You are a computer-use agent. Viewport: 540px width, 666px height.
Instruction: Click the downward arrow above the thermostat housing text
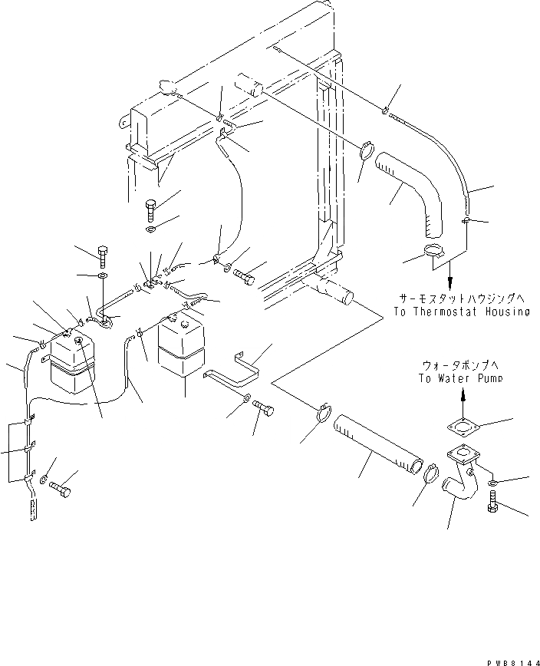[x=449, y=270]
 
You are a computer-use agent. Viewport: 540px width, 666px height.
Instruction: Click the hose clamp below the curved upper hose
[x=435, y=251]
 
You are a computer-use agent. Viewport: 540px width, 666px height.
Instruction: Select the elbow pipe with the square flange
[x=465, y=480]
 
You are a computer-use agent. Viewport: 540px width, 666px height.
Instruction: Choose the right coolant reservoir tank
[x=182, y=348]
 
